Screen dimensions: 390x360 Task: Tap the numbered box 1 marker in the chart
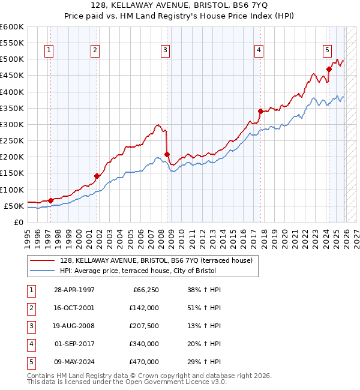tap(48, 50)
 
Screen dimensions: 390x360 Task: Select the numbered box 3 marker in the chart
tap(164, 50)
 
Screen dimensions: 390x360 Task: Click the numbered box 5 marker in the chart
tap(327, 50)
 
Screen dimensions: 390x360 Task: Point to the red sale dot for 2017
tap(260, 111)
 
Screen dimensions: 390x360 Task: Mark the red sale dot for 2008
tap(167, 154)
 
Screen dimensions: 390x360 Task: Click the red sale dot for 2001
tap(97, 176)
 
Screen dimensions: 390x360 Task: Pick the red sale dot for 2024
tap(329, 69)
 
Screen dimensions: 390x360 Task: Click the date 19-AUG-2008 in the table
tap(74, 326)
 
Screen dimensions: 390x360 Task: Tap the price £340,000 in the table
tap(143, 344)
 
